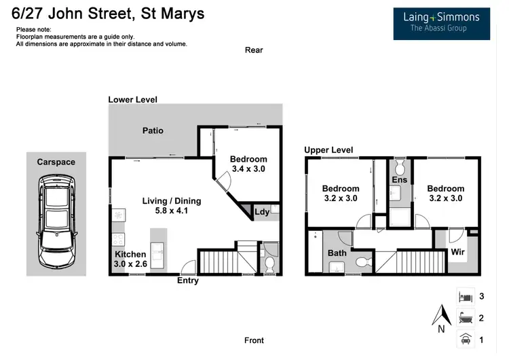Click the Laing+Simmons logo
[441, 22]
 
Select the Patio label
[153, 130]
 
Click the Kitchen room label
[130, 255]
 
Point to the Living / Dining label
[171, 201]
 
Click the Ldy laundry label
[261, 212]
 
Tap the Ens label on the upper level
[400, 180]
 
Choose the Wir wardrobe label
[458, 253]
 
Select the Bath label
[337, 253]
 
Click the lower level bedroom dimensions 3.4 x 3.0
[248, 168]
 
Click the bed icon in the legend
[466, 297]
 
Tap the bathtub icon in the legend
[466, 317]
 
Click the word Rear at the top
[254, 50]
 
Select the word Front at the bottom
[254, 340]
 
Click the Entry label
[188, 281]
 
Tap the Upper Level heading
[328, 150]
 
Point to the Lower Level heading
[133, 100]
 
